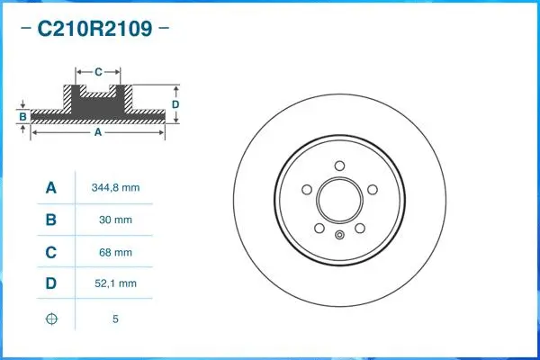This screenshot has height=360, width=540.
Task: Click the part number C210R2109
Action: click(94, 30)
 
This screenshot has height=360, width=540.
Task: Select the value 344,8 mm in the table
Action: click(115, 188)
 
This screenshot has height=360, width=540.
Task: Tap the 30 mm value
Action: click(115, 220)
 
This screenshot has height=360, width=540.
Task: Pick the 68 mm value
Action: click(115, 252)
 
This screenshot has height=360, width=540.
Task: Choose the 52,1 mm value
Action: click(115, 283)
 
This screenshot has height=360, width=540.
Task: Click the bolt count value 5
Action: click(115, 319)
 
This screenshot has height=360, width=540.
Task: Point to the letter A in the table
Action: click(51, 188)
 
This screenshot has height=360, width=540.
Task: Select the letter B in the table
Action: click(51, 220)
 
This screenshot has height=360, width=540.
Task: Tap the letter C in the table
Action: click(51, 252)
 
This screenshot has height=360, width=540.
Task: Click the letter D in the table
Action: click(51, 283)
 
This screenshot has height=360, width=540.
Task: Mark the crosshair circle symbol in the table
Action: click(51, 319)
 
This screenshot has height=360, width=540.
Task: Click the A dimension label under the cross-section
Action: click(98, 132)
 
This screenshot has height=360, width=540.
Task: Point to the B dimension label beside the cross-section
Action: click(22, 116)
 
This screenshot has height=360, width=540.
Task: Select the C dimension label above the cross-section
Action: click(98, 69)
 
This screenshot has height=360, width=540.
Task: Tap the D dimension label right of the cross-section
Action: click(175, 104)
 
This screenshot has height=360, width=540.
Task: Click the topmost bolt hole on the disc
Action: click(339, 165)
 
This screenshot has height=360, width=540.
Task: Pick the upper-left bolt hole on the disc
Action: click(307, 189)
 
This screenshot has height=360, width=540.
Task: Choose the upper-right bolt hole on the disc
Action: click(372, 189)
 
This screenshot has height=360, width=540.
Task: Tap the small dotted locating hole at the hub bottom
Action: click(339, 236)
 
